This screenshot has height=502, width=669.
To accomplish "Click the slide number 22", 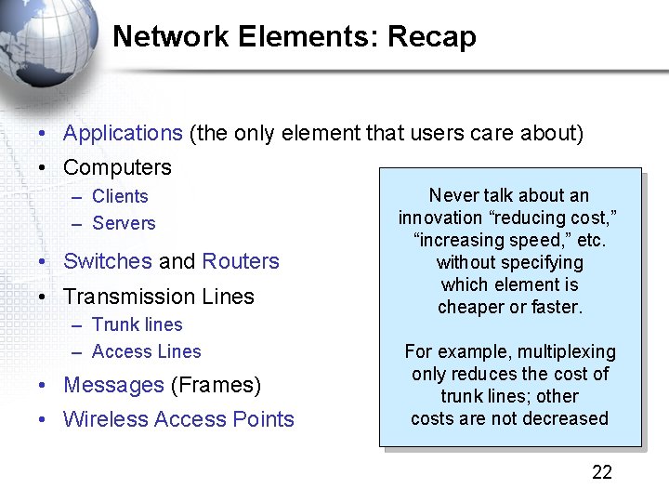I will tap(602, 472).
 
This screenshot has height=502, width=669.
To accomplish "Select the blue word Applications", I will tap(123, 133).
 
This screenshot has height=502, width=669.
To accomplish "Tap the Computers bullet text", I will tap(117, 168).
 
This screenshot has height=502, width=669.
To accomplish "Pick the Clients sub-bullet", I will tap(120, 196).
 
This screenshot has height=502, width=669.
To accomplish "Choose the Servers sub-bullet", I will tap(124, 223).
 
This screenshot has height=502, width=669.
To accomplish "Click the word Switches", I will tap(107, 261).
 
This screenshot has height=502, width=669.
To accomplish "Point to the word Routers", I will tap(241, 261).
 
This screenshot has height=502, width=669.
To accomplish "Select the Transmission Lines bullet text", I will tap(158, 297).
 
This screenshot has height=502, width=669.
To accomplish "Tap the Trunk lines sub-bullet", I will tap(138, 324).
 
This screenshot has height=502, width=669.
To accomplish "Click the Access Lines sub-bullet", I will tap(147, 351).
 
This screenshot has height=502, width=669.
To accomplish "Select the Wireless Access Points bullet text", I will tap(178, 419).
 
